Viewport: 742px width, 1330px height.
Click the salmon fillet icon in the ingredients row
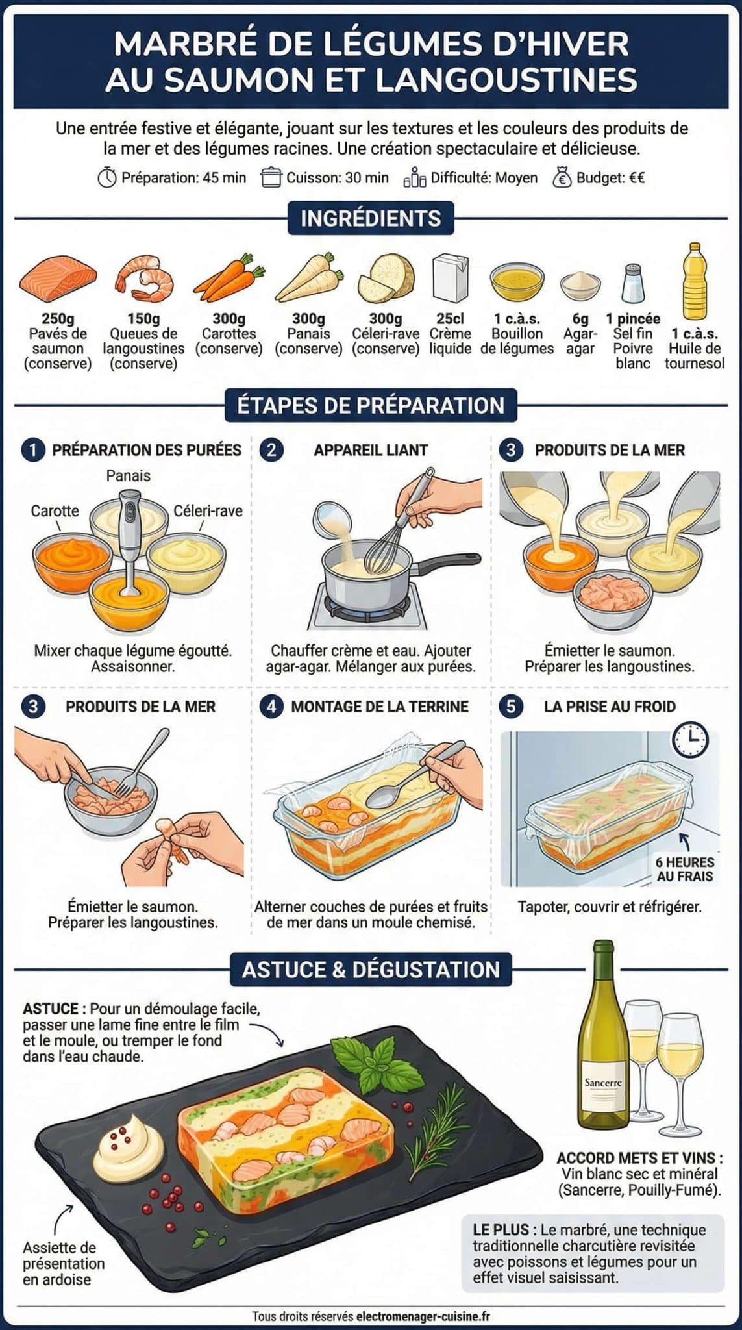click(58, 277)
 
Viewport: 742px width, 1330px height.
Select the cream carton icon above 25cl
click(451, 277)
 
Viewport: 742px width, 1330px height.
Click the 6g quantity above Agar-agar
click(580, 319)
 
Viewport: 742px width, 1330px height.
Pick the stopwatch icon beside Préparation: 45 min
click(107, 177)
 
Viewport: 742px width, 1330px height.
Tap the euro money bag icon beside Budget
click(562, 177)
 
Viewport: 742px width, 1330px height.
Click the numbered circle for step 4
click(271, 707)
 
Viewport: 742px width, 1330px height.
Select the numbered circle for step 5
click(511, 707)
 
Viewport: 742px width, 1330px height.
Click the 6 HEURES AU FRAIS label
click(685, 870)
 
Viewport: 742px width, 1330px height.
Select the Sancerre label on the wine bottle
click(603, 1083)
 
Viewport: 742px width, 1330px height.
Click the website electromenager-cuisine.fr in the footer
click(423, 1316)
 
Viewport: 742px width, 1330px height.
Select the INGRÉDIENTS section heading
click(371, 218)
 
